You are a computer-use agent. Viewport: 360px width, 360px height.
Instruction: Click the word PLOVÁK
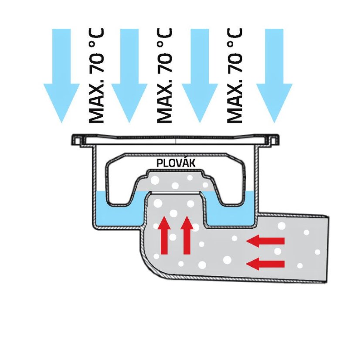(x=176, y=163)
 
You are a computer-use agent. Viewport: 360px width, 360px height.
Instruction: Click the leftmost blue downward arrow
(x=61, y=76)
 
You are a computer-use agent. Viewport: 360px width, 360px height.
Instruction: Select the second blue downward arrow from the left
(x=129, y=76)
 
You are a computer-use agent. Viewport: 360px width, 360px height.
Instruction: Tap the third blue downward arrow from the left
(x=200, y=76)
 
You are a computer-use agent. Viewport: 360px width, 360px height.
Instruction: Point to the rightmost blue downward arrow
(x=274, y=76)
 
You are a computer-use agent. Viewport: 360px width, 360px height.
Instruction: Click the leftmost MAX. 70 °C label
(x=96, y=76)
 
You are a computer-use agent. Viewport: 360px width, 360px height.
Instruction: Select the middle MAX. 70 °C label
(x=164, y=76)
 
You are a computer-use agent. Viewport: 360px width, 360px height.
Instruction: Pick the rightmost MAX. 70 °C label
(x=234, y=76)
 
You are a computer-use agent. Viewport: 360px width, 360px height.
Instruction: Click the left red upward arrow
(x=164, y=235)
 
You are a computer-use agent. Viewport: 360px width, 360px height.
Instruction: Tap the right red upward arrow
(x=187, y=235)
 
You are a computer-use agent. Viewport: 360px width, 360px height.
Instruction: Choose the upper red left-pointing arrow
(x=265, y=241)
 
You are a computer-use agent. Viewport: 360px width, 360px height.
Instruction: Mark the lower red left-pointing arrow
(x=265, y=264)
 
